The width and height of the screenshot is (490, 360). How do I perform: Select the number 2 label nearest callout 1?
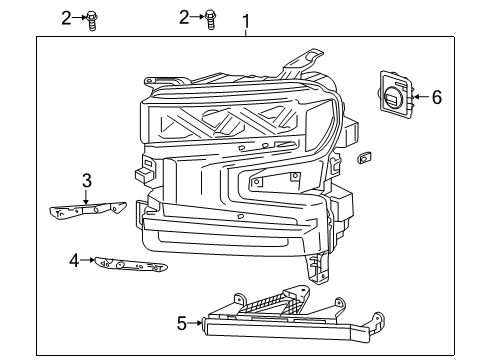[x=184, y=16]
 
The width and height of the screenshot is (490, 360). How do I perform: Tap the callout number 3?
[x=87, y=180]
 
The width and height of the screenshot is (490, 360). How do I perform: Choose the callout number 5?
[x=180, y=322]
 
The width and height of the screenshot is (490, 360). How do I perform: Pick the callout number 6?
[x=435, y=97]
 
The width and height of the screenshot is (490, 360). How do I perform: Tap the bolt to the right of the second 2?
[x=210, y=17]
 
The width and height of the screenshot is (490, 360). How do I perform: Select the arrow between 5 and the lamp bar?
[x=195, y=322]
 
